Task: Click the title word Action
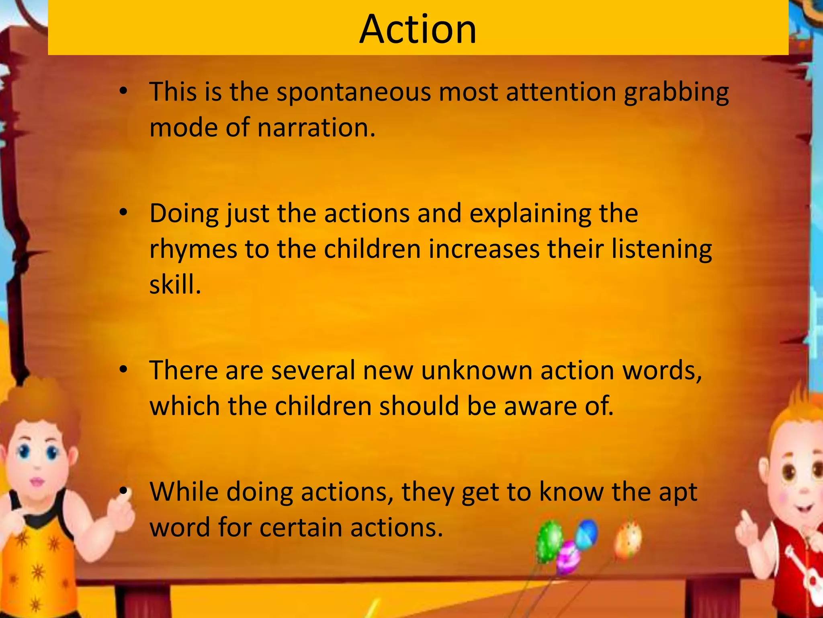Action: (x=418, y=29)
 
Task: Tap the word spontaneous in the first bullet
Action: (x=354, y=93)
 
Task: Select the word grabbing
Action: (x=676, y=93)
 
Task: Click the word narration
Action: (x=316, y=128)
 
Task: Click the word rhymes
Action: (x=193, y=249)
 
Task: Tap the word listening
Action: (x=661, y=249)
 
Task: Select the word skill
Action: (x=175, y=284)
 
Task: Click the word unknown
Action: (x=477, y=370)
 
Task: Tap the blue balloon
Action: (x=586, y=534)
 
